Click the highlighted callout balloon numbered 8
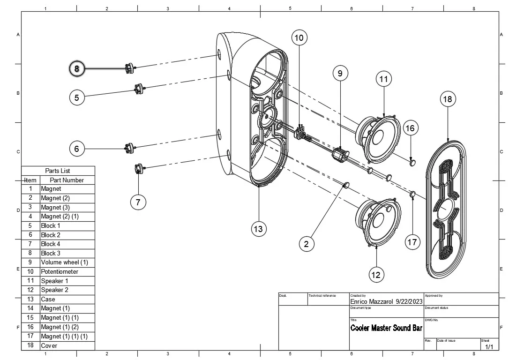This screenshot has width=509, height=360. point(77,69)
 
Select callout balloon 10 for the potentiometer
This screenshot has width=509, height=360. point(299,37)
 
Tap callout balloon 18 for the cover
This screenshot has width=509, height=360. point(448,99)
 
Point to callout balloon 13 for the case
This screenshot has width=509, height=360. point(258,229)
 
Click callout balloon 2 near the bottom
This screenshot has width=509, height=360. point(307,244)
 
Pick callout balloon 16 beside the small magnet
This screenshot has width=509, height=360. point(410,128)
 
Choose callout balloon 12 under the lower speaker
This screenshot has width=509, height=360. point(376,275)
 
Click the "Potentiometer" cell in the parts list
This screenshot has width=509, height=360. point(60,271)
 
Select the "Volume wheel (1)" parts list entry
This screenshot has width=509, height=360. point(64,262)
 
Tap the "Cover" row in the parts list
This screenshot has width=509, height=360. point(49,345)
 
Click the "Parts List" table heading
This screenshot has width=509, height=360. point(58,171)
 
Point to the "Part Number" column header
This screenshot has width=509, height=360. point(67,180)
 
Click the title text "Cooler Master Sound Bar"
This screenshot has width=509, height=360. point(386,328)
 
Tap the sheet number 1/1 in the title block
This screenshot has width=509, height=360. point(489,347)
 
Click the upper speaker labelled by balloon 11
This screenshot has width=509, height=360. point(381,138)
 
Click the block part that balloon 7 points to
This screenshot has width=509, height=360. point(139,168)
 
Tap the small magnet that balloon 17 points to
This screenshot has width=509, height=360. point(413,194)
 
